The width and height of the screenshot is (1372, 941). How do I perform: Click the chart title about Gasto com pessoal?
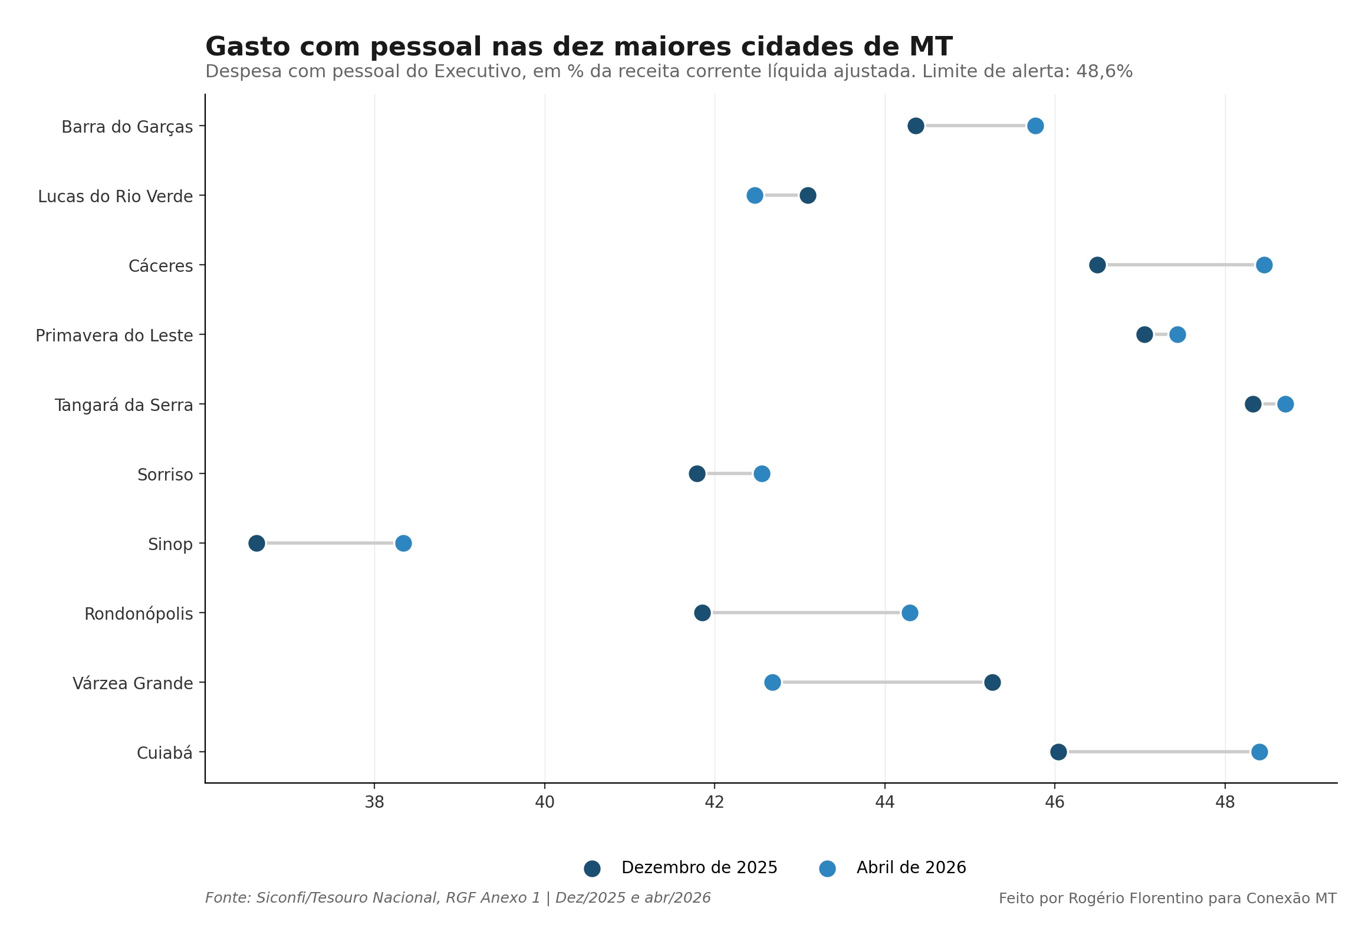(578, 47)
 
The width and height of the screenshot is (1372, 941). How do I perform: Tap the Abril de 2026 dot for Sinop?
(403, 543)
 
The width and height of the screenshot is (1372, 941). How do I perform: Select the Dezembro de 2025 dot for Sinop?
(256, 543)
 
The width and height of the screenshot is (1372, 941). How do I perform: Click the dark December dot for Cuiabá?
(1058, 752)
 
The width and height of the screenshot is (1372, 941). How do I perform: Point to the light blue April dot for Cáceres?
(1264, 265)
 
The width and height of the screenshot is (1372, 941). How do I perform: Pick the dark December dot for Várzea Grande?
(992, 682)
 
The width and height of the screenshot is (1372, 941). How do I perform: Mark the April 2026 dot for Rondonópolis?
(910, 613)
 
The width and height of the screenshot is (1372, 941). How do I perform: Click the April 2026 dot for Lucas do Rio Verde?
(755, 195)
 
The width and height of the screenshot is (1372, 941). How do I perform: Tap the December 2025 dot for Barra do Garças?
(916, 126)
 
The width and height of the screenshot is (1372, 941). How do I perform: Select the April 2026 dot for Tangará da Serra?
(1285, 404)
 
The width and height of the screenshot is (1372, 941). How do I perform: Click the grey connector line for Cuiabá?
(1159, 752)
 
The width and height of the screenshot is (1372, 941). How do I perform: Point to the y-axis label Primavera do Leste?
(114, 336)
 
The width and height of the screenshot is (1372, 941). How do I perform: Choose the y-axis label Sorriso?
(165, 475)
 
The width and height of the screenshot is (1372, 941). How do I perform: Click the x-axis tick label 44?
(885, 802)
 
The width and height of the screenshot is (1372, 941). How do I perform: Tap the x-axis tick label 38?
(374, 802)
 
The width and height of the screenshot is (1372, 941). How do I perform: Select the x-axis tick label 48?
(1225, 802)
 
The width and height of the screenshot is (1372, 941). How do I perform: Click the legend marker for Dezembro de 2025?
(592, 868)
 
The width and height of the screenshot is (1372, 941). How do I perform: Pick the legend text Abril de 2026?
(911, 868)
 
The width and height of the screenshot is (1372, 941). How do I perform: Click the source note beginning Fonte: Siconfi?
(458, 898)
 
